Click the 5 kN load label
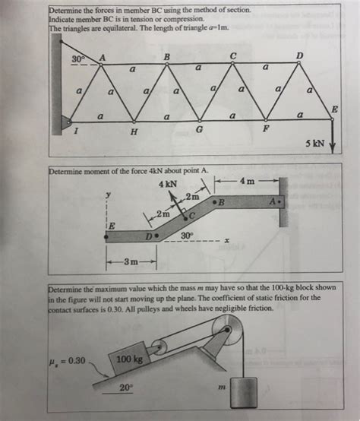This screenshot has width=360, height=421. pos(314,144)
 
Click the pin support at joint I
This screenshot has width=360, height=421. pos(69,121)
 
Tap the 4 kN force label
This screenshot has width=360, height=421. pos(169,184)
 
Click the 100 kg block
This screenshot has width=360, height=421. pos(129,358)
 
